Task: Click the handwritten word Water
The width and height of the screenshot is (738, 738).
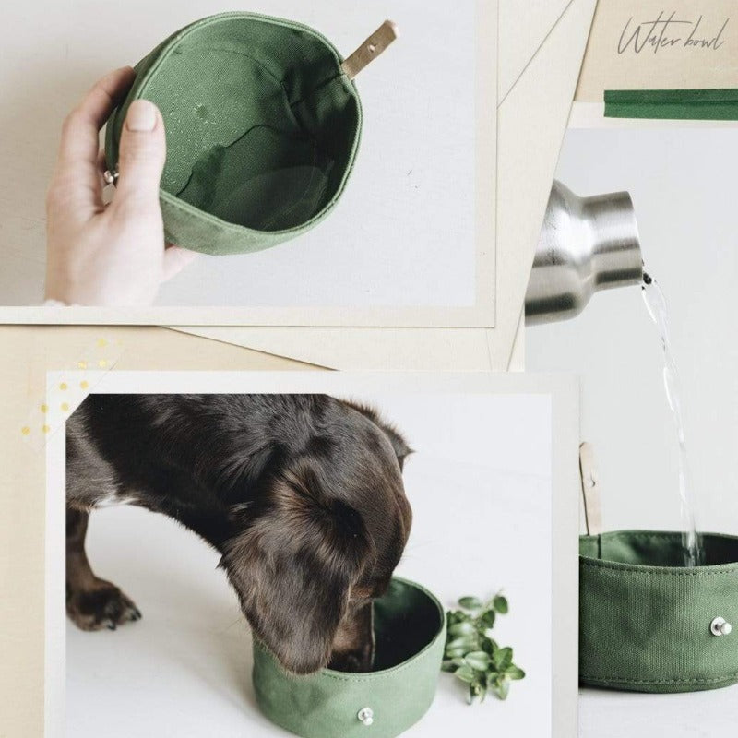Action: coord(645,38)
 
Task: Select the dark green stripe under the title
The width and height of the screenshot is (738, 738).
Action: coord(671,103)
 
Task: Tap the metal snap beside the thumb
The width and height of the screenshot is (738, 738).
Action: coord(111,175)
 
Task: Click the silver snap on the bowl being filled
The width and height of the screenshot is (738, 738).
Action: coord(720,627)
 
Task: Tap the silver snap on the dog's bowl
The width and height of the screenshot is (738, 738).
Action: coord(365,715)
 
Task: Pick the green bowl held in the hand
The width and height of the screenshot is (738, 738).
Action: coord(240,138)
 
